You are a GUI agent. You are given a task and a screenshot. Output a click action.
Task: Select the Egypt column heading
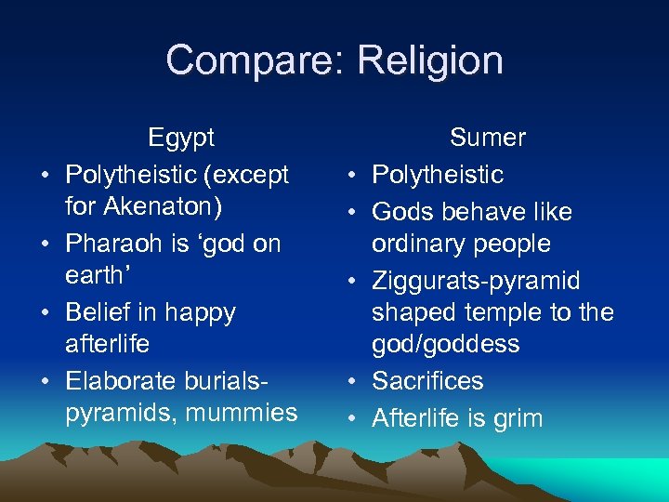tap(181, 138)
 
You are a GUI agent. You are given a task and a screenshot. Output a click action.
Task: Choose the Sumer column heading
tap(488, 138)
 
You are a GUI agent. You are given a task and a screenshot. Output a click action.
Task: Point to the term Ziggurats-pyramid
tap(476, 281)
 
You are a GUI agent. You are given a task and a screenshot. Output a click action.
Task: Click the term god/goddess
tap(446, 344)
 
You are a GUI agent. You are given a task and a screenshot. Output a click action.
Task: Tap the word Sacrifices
tap(428, 381)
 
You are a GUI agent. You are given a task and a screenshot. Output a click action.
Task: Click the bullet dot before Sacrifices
tap(356, 382)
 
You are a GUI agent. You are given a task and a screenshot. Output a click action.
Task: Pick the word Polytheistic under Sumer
tap(438, 175)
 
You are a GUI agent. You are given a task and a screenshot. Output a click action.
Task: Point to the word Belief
tap(100, 312)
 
